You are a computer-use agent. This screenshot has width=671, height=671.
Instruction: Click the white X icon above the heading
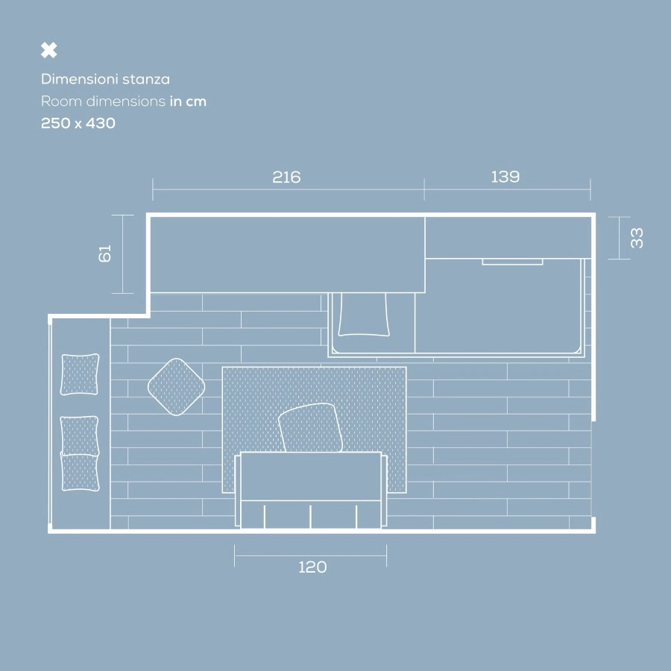click(x=49, y=50)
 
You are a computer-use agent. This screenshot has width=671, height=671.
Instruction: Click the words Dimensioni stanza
click(x=105, y=79)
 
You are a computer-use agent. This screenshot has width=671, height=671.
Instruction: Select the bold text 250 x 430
click(x=78, y=123)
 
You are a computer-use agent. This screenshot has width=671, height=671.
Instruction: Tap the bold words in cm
click(x=188, y=101)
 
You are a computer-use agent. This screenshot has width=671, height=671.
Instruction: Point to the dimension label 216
click(x=287, y=177)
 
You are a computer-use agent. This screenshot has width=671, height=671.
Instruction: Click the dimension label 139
click(x=505, y=177)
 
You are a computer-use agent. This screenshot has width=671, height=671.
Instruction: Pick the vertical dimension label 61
click(x=105, y=253)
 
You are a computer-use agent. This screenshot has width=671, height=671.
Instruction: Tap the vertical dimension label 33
click(x=637, y=238)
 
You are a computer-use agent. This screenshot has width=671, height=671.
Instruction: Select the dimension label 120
click(x=313, y=567)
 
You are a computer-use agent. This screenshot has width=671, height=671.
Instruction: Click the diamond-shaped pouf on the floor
click(x=176, y=387)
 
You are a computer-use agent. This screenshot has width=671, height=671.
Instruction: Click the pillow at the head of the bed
click(x=364, y=315)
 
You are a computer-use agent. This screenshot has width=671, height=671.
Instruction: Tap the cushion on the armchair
click(x=311, y=427)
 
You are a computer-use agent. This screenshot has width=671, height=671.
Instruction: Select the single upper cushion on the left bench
click(x=80, y=374)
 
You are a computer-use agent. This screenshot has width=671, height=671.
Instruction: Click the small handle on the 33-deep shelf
click(x=512, y=262)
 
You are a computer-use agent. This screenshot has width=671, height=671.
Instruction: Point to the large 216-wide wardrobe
click(x=287, y=255)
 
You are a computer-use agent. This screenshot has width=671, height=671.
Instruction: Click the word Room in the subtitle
click(x=61, y=101)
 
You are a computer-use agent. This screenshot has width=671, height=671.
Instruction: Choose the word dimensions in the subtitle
click(x=126, y=101)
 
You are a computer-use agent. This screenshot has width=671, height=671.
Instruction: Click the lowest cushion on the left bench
click(x=81, y=472)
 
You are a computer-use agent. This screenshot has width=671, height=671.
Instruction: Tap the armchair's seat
click(x=311, y=476)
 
